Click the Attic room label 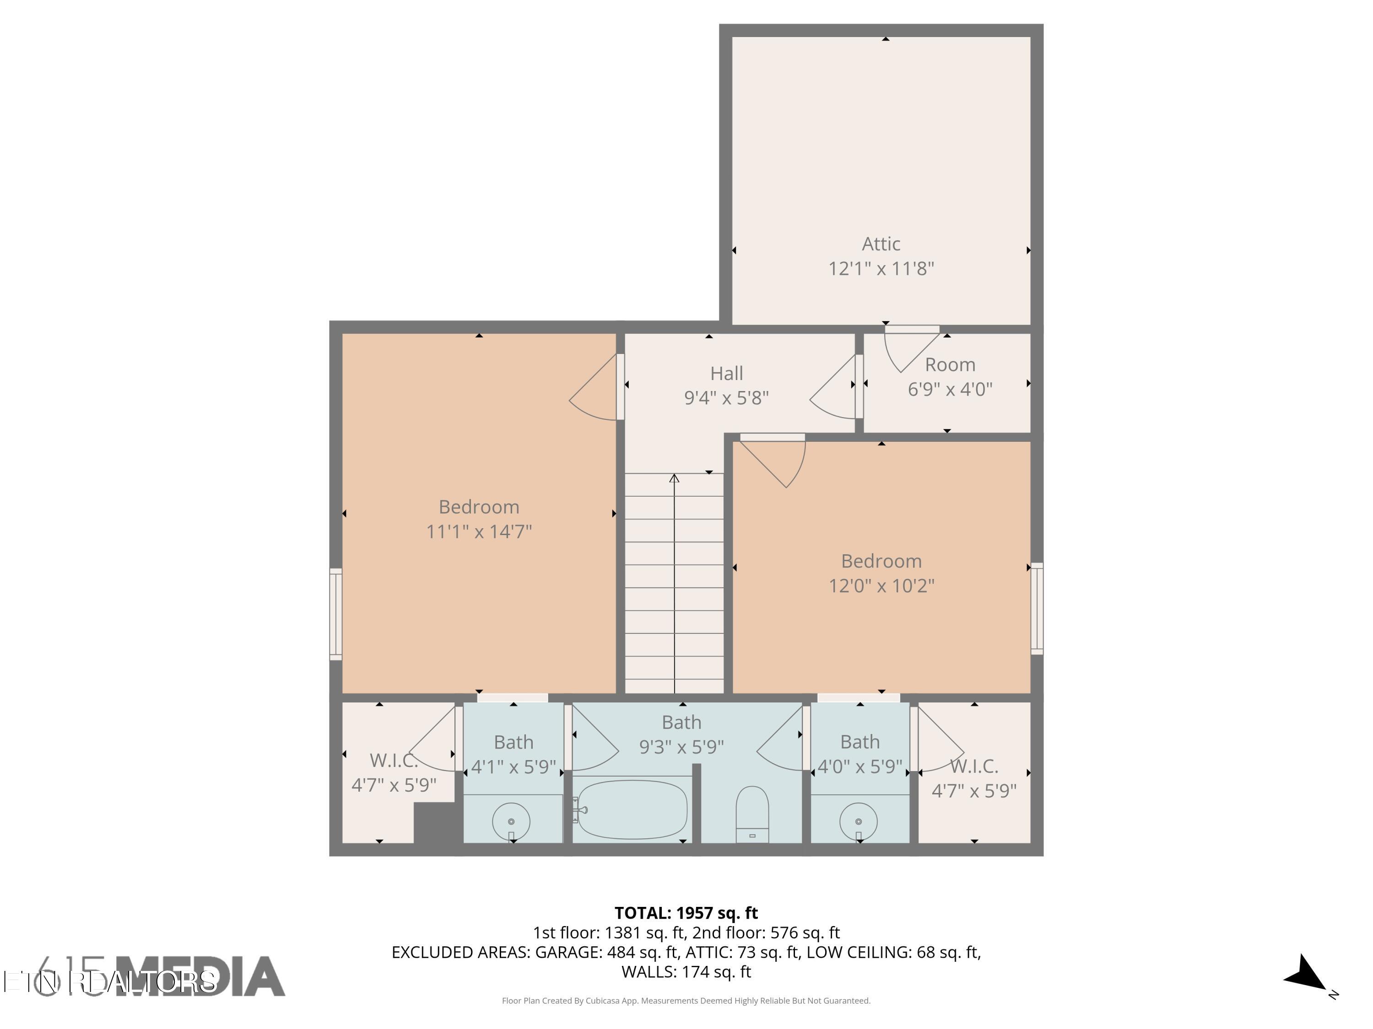pos(881,244)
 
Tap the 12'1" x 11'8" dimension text pos(881,268)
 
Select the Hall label pos(726,373)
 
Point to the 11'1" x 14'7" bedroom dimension pos(479,531)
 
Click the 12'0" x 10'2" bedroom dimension pos(881,585)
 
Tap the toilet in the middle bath pos(751,813)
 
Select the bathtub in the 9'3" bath pos(632,809)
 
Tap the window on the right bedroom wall pos(1037,608)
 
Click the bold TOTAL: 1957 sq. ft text pos(686,913)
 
